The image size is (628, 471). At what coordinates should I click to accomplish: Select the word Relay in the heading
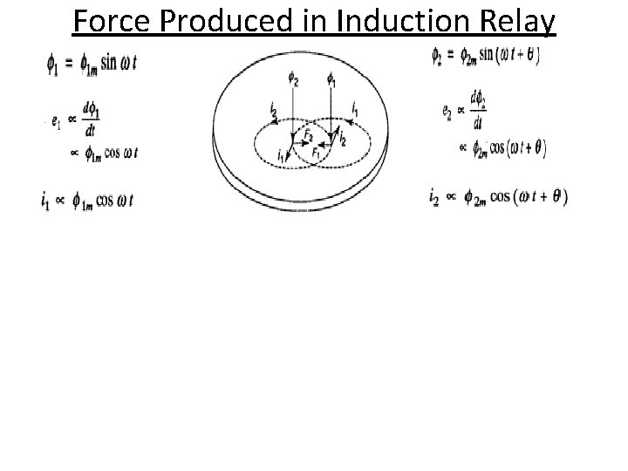pos(515,21)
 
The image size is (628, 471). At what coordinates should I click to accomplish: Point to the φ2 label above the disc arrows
pos(294,82)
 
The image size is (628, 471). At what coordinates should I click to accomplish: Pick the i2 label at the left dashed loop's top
pos(273,110)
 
